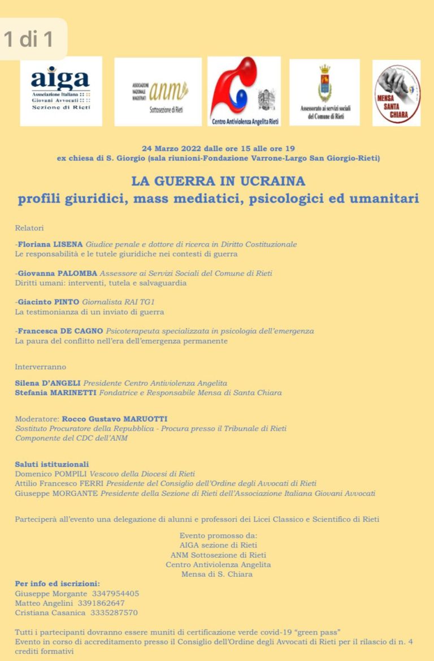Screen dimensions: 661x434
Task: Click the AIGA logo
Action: [61, 90]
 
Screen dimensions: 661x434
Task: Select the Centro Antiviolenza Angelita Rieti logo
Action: [244, 91]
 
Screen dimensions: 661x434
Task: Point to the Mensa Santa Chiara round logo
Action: [397, 92]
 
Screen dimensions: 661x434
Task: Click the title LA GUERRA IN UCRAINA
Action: [218, 182]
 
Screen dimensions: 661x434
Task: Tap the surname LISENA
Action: [67, 244]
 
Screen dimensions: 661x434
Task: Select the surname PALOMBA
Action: [75, 273]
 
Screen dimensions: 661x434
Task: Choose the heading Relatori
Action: [29, 227]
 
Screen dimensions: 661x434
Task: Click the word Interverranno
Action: [41, 366]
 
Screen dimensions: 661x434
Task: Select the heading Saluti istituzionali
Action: [52, 464]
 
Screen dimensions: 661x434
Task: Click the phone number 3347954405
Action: [115, 594]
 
